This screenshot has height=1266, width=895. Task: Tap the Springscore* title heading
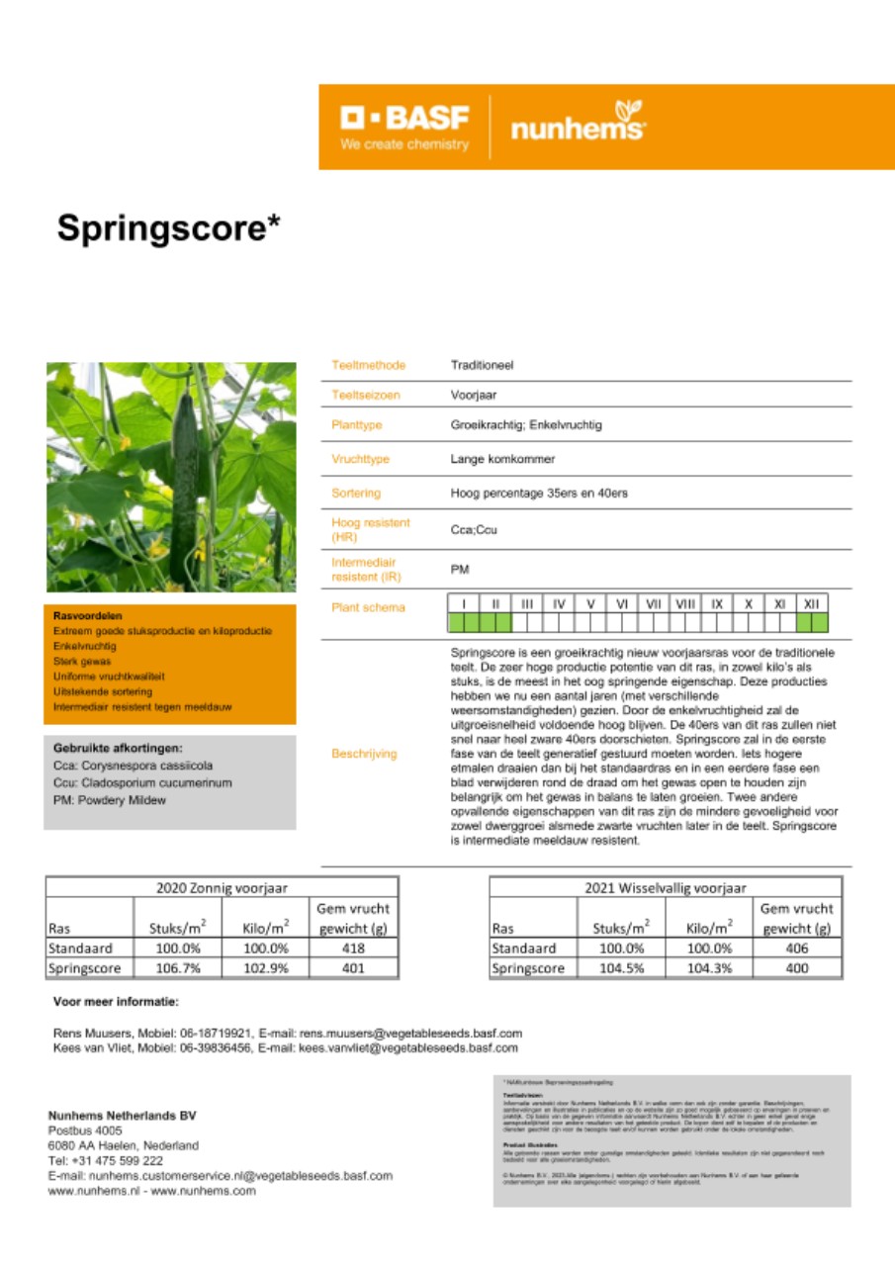tap(169, 227)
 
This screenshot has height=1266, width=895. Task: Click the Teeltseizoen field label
tap(365, 395)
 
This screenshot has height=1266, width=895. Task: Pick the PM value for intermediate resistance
tap(460, 570)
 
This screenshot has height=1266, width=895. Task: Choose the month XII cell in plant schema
tap(812, 602)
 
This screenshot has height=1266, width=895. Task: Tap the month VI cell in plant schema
tap(622, 602)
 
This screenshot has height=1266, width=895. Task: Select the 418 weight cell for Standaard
tap(352, 948)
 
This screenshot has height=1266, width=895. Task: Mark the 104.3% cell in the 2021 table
tap(710, 968)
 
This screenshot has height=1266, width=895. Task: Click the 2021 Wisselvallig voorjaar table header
tap(666, 887)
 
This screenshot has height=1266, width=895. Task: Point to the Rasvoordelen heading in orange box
tap(88, 615)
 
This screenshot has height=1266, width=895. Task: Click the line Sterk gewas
tap(82, 661)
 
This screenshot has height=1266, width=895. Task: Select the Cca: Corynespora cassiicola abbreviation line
tap(133, 766)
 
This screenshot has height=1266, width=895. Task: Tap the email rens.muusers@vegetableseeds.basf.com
tap(408, 1032)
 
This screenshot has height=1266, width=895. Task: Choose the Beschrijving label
tap(364, 754)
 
